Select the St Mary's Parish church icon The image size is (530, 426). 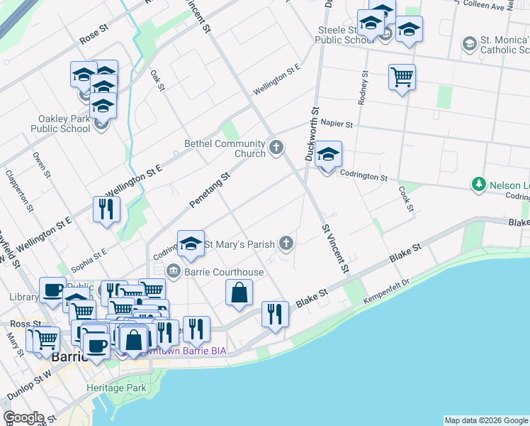[x=286, y=244]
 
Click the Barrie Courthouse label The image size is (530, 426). [x=224, y=272]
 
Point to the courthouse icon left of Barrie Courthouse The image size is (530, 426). [x=173, y=271]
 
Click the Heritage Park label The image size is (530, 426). [x=116, y=388]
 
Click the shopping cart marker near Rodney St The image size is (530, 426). [x=402, y=77]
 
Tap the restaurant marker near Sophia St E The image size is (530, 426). [x=106, y=209]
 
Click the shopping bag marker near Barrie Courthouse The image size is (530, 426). [x=239, y=292]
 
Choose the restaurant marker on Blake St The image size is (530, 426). [x=275, y=314]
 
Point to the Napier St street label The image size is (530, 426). [x=336, y=124]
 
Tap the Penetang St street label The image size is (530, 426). [x=210, y=190]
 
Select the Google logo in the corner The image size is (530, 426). [x=23, y=417]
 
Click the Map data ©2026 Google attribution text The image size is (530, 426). [x=486, y=420]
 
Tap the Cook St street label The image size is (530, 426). [x=405, y=193]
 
